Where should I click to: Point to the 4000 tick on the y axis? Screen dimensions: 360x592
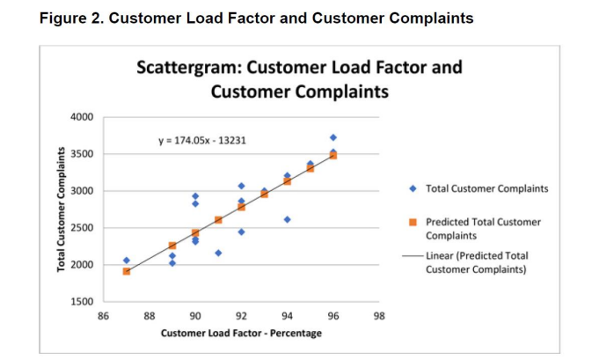(x=82, y=117)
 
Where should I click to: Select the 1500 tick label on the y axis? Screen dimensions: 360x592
(x=82, y=302)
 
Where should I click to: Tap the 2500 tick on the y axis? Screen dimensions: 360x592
(x=82, y=228)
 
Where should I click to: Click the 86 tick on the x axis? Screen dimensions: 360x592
(x=103, y=314)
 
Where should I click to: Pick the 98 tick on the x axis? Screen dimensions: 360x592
(x=379, y=314)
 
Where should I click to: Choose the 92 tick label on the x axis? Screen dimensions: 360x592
(x=241, y=314)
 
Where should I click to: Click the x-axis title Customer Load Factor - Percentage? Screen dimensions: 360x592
(x=241, y=333)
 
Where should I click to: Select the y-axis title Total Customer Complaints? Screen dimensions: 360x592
(x=62, y=209)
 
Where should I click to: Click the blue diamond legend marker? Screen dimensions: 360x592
(x=414, y=188)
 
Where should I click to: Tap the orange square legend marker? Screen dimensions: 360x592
(x=414, y=223)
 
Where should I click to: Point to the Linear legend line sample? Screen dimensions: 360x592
(x=414, y=256)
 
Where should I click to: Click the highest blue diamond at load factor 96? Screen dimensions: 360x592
(x=333, y=137)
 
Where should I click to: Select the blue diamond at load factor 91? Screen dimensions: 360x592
(x=218, y=253)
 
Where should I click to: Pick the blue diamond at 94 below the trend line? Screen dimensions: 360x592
(x=288, y=219)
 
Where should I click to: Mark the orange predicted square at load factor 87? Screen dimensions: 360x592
(x=127, y=271)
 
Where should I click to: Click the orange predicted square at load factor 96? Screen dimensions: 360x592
(x=333, y=155)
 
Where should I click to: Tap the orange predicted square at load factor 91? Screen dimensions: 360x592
(x=218, y=220)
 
